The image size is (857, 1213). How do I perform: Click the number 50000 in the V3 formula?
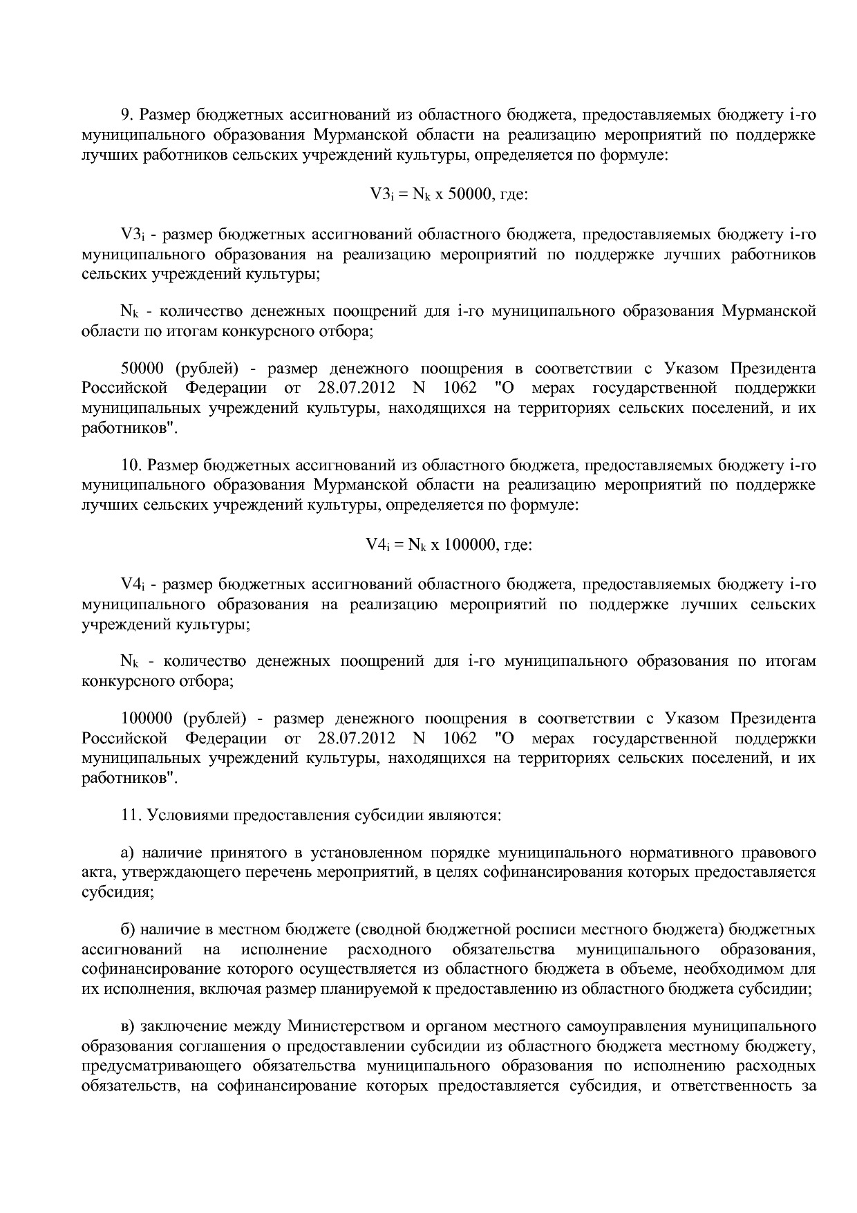[x=469, y=195]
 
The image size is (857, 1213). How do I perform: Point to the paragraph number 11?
[x=131, y=815]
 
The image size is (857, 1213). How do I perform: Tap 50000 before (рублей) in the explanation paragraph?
[x=142, y=369]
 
